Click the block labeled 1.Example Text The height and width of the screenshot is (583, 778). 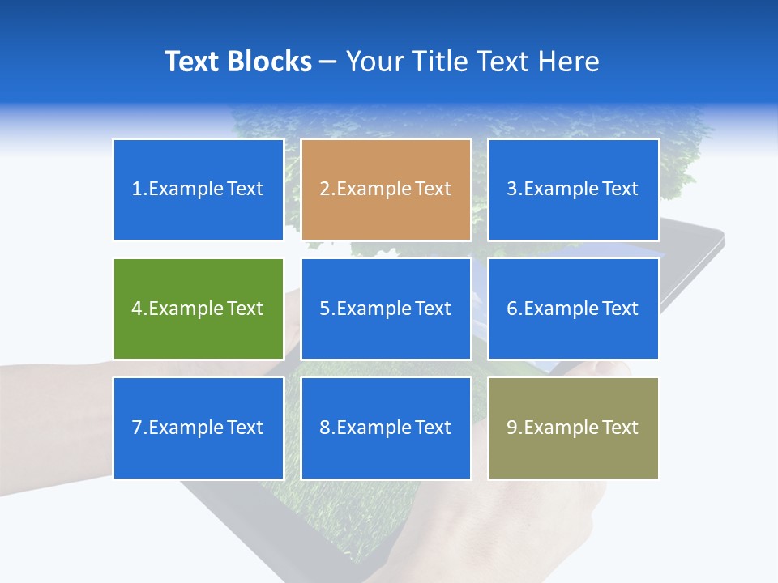198,189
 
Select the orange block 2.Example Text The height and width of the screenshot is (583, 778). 386,189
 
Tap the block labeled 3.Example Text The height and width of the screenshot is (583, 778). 573,189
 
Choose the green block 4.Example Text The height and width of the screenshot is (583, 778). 198,309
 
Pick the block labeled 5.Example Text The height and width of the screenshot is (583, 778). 386,309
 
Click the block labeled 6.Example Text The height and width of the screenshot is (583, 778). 573,309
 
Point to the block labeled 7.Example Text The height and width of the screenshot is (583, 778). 198,428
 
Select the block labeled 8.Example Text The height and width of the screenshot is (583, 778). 386,428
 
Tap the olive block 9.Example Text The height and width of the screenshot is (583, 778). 573,428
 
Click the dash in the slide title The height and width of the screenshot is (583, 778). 328,62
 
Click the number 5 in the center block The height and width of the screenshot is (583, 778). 324,309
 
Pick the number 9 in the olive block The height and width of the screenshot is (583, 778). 512,428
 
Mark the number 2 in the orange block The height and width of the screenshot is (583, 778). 324,189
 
